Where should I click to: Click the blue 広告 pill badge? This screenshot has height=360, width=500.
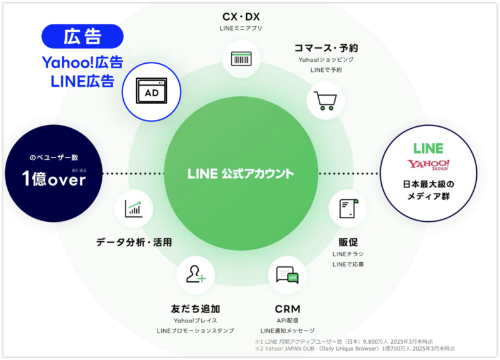82,36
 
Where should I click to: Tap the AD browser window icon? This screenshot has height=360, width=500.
152,93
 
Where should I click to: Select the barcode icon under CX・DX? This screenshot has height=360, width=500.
241,59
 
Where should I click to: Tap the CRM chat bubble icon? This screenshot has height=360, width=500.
287,275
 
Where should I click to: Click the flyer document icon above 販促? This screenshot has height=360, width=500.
347,209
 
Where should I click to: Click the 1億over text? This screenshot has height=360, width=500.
45,179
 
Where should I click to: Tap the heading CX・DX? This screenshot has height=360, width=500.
241,17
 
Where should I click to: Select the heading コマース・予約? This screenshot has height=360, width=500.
326,47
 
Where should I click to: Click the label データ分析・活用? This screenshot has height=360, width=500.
134,242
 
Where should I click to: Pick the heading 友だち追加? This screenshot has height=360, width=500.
195,309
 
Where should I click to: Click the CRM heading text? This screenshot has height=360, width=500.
287,309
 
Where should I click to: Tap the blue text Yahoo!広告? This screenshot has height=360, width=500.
82,62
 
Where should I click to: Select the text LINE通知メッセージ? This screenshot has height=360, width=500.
287,330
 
